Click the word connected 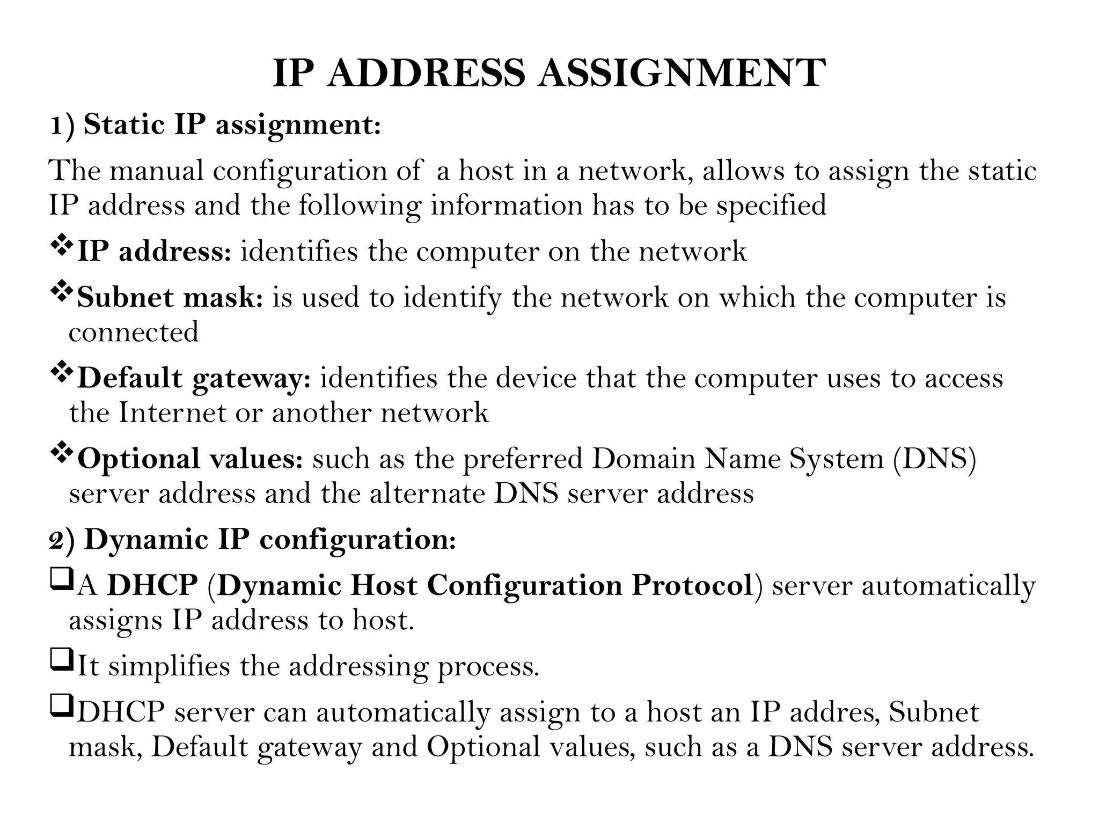coord(134,332)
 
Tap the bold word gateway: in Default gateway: coord(251,379)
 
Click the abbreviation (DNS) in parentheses coord(934,459)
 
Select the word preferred coord(523,459)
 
